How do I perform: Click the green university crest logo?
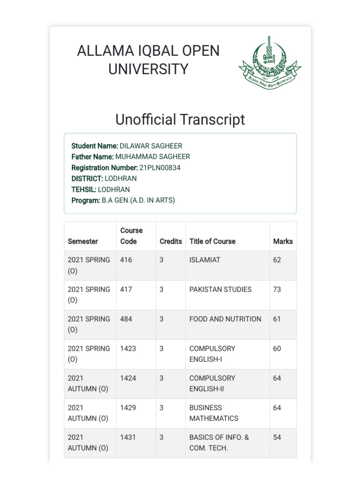click(x=270, y=63)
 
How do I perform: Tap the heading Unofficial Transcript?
click(x=180, y=120)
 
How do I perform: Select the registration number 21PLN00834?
click(x=160, y=167)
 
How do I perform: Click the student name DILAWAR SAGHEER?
click(x=151, y=146)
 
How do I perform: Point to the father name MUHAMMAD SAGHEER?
click(x=153, y=157)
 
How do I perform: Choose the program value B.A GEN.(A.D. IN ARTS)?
click(x=138, y=200)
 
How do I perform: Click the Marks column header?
click(x=283, y=241)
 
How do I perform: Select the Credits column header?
click(x=171, y=241)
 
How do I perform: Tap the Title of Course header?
click(x=212, y=241)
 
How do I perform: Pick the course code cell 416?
click(x=126, y=260)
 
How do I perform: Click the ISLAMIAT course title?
click(x=205, y=260)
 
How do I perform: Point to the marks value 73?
click(x=277, y=289)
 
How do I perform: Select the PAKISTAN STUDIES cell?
click(x=220, y=289)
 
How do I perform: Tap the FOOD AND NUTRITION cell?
click(x=225, y=319)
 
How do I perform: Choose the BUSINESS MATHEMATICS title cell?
click(x=214, y=413)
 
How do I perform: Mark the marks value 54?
click(x=277, y=437)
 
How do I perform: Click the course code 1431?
click(x=128, y=437)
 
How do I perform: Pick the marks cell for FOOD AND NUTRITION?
click(x=277, y=319)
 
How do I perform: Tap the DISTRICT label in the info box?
click(x=87, y=179)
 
